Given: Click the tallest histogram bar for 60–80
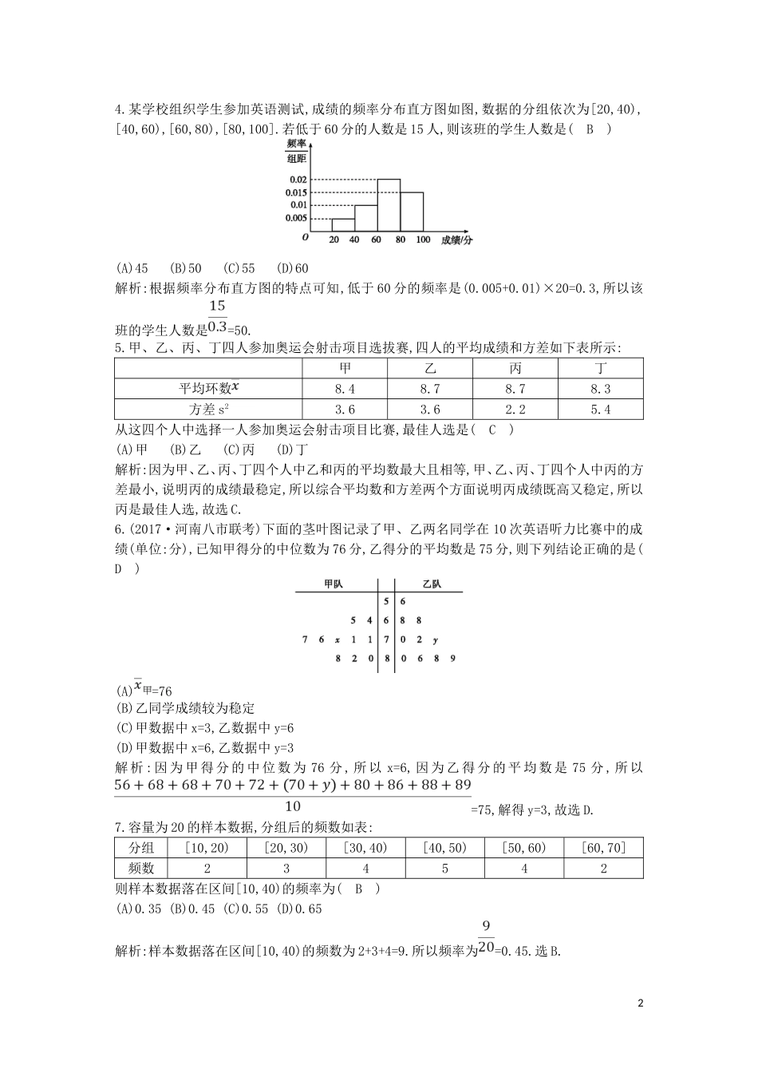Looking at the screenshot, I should (389, 206).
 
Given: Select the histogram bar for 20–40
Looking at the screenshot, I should (342, 225).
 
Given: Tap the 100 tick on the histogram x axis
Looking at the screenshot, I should (423, 240).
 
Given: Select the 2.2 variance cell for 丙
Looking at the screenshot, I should (515, 409).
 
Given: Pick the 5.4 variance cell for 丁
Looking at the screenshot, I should (600, 409).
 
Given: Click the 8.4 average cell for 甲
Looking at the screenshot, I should (344, 388).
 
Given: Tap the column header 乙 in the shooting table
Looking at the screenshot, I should (429, 368).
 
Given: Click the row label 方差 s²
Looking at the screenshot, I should (209, 409).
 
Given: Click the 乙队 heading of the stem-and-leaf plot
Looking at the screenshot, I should (431, 584).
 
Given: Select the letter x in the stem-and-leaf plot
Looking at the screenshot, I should (338, 639).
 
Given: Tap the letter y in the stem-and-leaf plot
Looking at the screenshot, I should (435, 639).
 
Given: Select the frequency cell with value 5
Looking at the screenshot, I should (445, 868).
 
